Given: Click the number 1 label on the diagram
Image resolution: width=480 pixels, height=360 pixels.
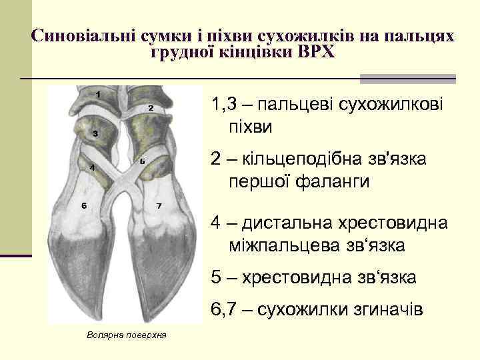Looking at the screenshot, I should pos(98,94).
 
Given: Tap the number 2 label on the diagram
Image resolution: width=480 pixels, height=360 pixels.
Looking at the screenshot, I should pos(151,107).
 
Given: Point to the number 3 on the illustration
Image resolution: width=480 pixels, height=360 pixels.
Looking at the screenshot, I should pos(95,134).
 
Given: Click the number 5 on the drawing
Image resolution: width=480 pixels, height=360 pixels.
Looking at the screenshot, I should pos(143,161).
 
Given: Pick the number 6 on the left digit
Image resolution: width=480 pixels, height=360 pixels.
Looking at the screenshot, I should pos(84,205).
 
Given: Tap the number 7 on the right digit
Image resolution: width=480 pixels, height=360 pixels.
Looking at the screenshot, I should pos(159,205).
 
